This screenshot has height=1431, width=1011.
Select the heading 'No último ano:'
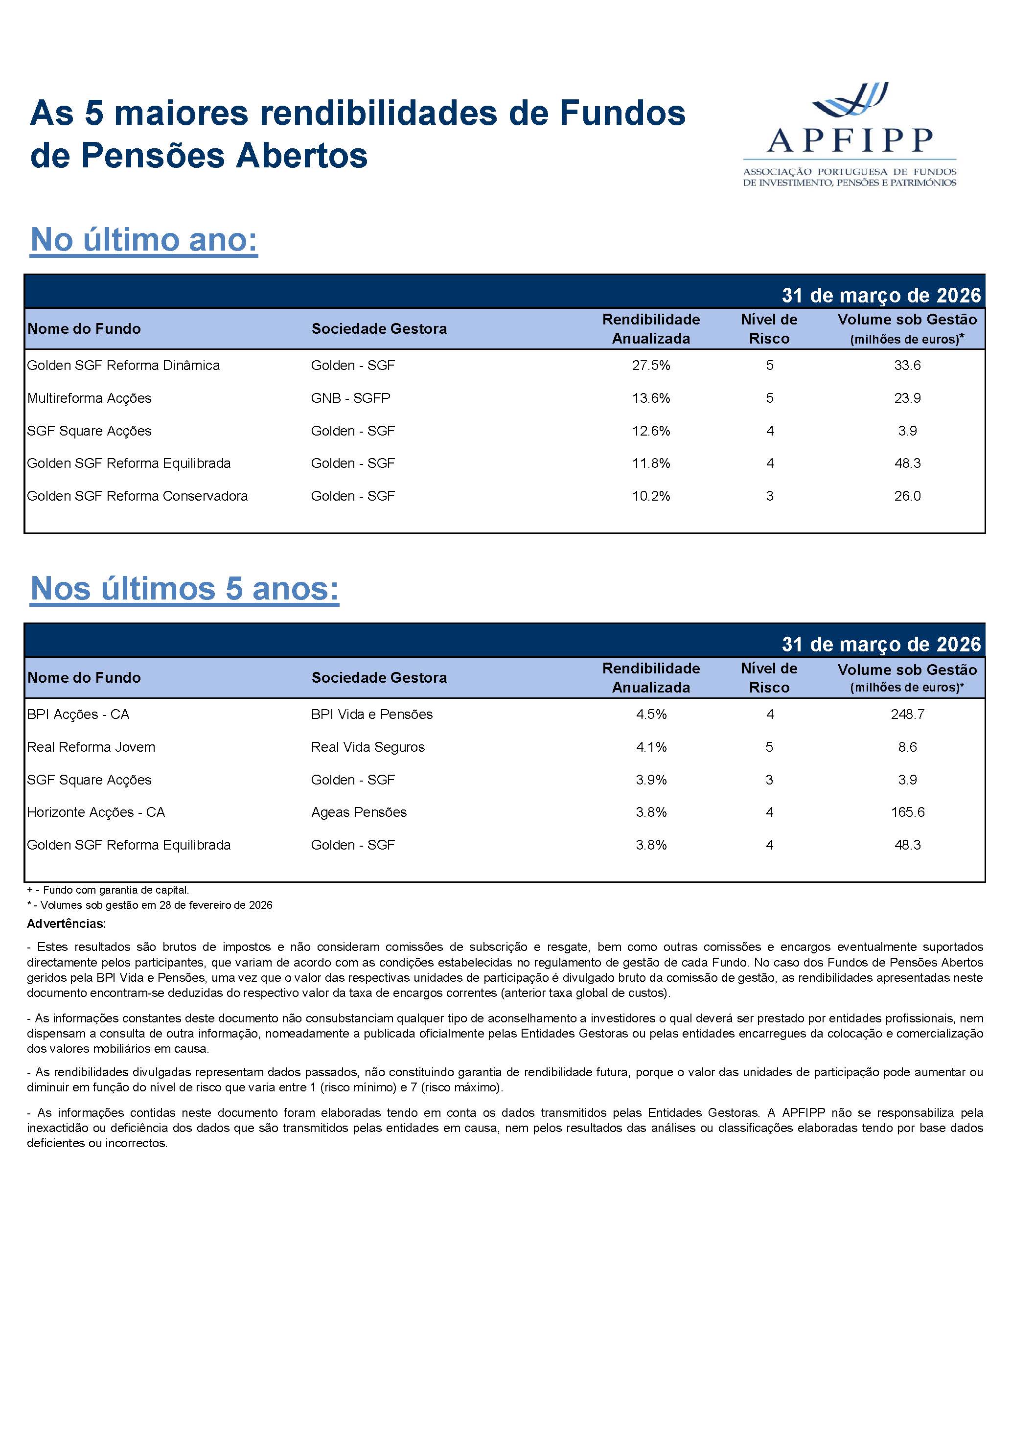point(144,240)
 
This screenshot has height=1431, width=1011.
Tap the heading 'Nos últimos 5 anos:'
point(184,588)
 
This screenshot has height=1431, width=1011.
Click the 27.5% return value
point(651,365)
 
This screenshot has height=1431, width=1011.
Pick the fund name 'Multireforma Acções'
point(89,398)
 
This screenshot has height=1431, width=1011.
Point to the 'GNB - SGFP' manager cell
point(350,398)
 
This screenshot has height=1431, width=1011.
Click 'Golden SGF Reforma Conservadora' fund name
point(137,496)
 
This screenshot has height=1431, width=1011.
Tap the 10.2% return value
point(651,496)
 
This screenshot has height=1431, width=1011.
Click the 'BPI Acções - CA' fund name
point(78,714)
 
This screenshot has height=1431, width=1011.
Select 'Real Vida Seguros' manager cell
point(368,747)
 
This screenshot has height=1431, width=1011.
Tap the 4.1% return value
point(651,747)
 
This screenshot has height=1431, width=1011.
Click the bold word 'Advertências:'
point(66,923)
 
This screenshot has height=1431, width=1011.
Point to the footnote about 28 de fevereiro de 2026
point(150,905)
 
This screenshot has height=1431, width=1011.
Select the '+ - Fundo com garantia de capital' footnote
point(108,890)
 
